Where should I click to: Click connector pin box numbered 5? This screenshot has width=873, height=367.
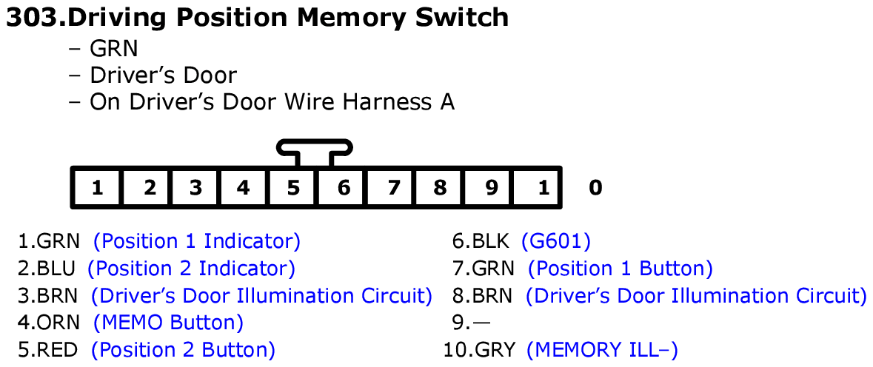coord(294,188)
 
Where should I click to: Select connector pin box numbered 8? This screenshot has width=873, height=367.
coord(440,188)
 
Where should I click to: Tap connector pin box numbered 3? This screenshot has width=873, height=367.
coord(195,188)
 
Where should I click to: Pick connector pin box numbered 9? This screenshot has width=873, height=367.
coord(490,188)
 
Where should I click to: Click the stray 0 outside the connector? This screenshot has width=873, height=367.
coord(595,188)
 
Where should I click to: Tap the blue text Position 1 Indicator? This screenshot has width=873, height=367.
coord(197,241)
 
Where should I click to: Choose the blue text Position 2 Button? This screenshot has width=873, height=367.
coord(183,350)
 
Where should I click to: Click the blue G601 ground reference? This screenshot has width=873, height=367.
coord(556,241)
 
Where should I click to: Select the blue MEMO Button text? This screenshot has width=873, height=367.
coord(168,323)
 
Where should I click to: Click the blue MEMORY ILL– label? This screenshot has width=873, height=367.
coord(602,350)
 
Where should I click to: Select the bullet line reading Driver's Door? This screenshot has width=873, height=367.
coord(163,75)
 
